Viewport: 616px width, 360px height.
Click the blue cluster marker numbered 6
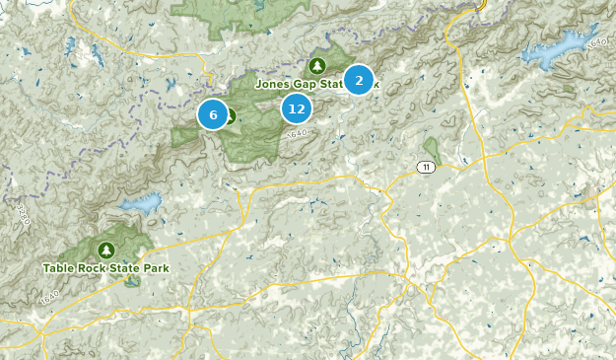pos(213,114)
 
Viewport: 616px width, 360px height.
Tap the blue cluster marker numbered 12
pos(296,108)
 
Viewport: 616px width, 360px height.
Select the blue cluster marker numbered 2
pos(359,79)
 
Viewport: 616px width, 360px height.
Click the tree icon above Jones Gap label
pos(316,66)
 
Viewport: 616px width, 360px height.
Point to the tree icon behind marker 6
pos(230,115)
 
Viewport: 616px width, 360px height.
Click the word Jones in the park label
pos(273,84)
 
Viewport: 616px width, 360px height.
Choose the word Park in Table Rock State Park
pos(158,267)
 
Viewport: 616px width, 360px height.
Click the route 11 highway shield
pos(424,167)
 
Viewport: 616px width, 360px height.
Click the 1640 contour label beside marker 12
pos(301,133)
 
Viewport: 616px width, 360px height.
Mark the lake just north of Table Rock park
pos(141,206)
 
